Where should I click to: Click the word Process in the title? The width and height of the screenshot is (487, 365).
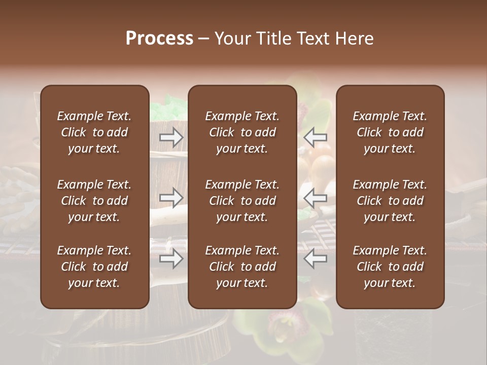coord(159,39)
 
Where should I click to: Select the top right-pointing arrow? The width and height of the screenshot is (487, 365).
coord(171,136)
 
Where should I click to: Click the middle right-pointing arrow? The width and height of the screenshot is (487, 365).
coord(171,197)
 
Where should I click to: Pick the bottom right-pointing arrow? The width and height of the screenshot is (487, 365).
coord(171,259)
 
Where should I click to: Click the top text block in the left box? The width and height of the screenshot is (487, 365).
coord(94,132)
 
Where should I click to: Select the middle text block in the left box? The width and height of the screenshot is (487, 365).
coord(94,201)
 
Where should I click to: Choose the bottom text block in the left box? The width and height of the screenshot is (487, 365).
coord(94,267)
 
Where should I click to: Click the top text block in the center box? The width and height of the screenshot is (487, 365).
coord(242,132)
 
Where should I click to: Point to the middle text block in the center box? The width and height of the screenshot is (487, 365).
coord(242,201)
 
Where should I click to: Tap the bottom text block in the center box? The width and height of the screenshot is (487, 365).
coord(242,267)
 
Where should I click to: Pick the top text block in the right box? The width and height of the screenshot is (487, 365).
coord(390,132)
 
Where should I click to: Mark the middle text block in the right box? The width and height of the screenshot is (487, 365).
coord(390,201)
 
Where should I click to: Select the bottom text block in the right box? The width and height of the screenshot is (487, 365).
coord(390,267)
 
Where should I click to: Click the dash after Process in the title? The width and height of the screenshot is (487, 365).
coord(204,39)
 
